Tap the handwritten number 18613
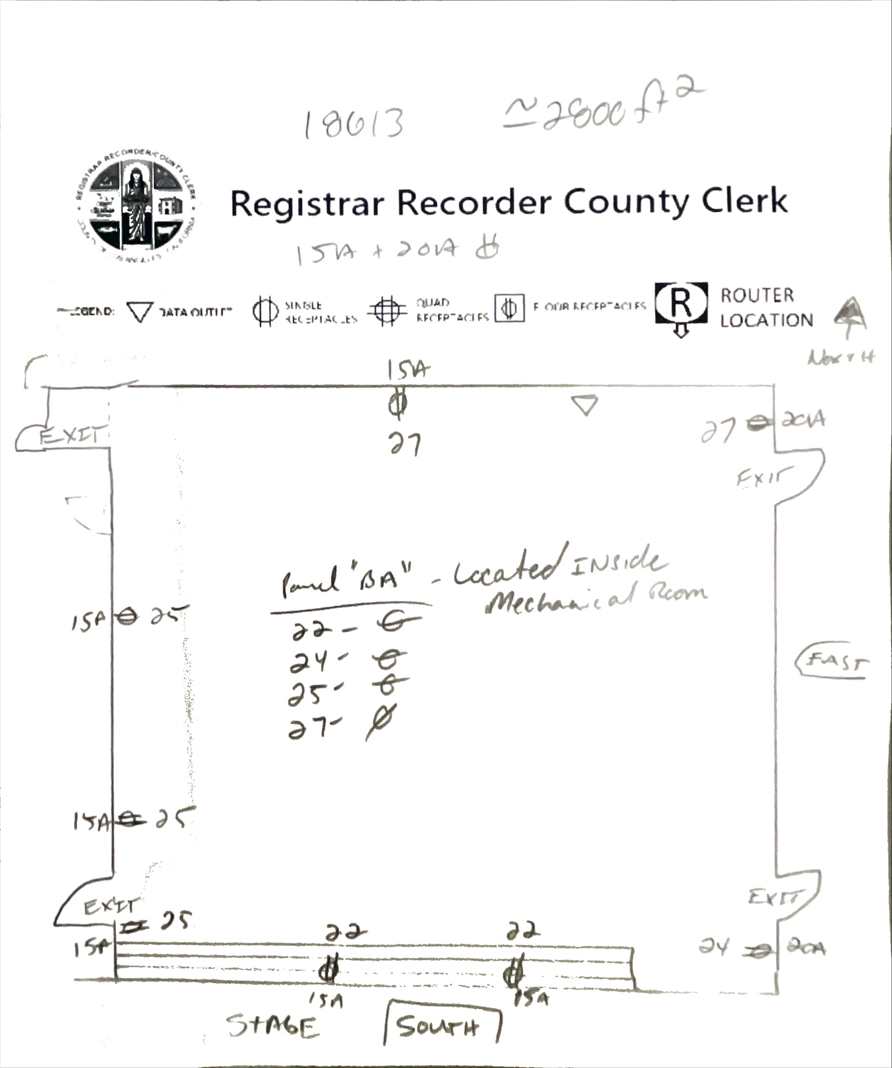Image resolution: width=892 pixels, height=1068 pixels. coord(354,123)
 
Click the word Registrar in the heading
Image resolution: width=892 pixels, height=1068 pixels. coord(307,203)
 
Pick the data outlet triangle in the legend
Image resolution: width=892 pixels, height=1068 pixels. coord(139,311)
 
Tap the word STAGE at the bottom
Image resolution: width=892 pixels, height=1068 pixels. coord(273,1025)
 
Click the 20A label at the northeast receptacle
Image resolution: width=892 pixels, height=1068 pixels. coord(803,420)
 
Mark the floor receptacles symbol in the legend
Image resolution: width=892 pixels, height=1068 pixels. coord(509,308)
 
